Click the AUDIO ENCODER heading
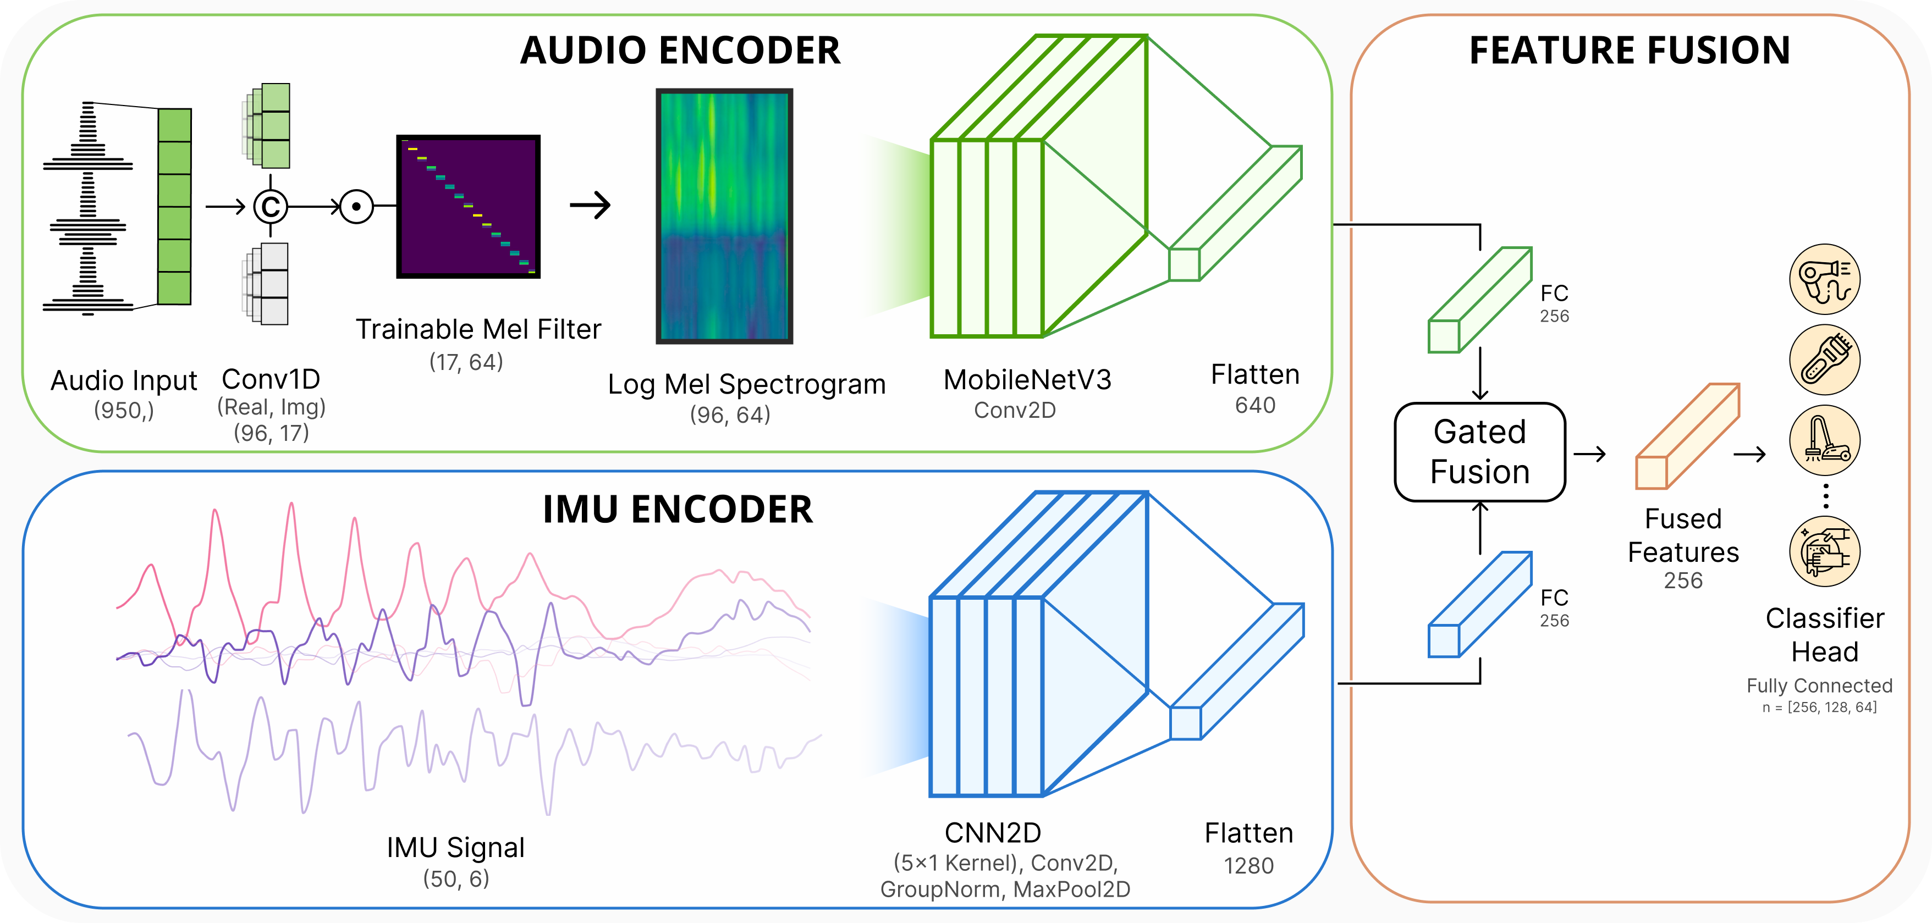(680, 51)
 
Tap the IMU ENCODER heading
(677, 510)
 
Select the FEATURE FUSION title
(1629, 51)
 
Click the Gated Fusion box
(1479, 452)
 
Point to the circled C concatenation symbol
(271, 206)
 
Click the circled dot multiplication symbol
(356, 206)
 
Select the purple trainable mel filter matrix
(468, 206)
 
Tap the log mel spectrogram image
(724, 216)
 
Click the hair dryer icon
(1824, 279)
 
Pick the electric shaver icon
(1824, 360)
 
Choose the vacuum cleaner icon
(1824, 440)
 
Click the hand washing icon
(1824, 551)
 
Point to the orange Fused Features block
(1687, 436)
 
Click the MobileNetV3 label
(1027, 380)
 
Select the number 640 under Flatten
(1255, 406)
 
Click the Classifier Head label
(1824, 635)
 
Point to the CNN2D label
(992, 833)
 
